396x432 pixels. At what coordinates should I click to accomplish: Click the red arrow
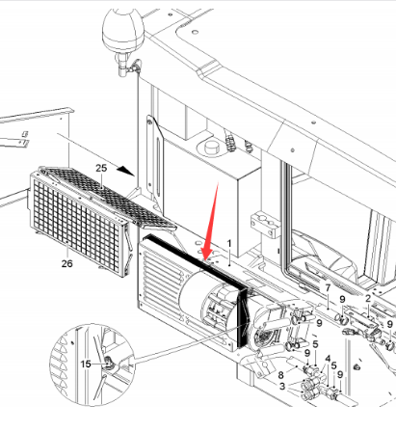point(210,222)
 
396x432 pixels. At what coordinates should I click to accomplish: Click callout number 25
point(101,168)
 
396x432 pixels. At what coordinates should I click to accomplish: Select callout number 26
point(67,263)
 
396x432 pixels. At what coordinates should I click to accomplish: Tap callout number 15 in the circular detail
point(86,364)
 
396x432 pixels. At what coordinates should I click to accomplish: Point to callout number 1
point(229,244)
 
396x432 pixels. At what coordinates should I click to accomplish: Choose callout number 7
point(328,288)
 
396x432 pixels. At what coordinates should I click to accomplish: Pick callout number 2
point(368,298)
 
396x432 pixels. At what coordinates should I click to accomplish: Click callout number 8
point(281,375)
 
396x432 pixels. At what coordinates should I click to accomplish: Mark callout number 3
point(282,386)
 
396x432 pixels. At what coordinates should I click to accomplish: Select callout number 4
point(328,359)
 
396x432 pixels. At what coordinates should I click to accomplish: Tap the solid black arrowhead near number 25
point(125,171)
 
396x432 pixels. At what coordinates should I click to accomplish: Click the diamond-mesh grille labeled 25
point(109,196)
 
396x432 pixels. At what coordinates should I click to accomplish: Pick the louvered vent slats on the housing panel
point(161,280)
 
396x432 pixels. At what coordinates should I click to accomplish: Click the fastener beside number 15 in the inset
point(108,363)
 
